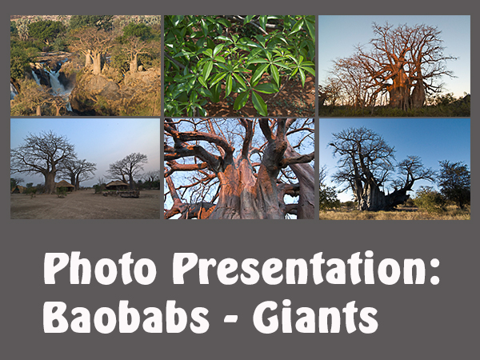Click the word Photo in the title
(x=100, y=269)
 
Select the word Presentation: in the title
(x=306, y=268)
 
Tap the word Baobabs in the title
(x=126, y=317)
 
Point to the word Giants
(x=315, y=317)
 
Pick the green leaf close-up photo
(x=239, y=66)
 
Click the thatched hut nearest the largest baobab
(x=65, y=186)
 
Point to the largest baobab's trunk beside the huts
(x=50, y=182)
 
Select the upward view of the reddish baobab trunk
(x=239, y=169)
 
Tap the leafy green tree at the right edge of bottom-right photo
(x=454, y=184)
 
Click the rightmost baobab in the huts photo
(x=128, y=170)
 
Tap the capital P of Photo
(x=57, y=269)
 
